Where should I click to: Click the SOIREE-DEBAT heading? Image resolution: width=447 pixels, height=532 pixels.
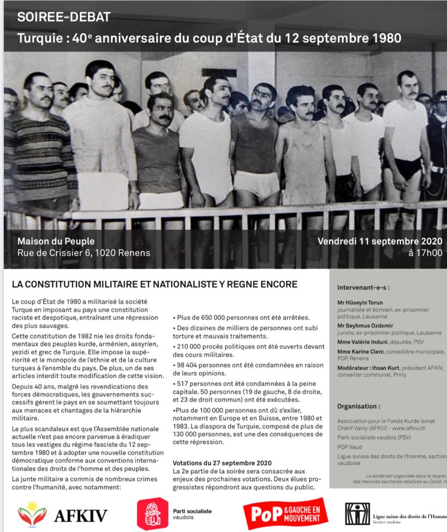point(64,17)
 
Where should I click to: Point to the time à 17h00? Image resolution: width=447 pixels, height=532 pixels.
point(425,254)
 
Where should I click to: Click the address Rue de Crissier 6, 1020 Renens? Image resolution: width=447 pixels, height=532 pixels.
point(84,253)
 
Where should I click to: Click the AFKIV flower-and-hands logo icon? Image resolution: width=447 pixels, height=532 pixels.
point(32,514)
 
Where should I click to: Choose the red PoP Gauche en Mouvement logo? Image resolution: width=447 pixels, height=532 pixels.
point(285,513)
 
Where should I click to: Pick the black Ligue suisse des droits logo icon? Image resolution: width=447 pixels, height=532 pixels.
point(357,513)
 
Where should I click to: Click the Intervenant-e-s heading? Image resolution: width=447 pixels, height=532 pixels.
point(363,287)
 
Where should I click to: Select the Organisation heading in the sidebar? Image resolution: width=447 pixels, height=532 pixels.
point(358,406)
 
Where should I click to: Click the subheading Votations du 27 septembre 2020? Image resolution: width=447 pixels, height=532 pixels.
point(222,462)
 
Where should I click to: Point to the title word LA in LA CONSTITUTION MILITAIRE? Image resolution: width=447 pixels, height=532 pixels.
point(17,284)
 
